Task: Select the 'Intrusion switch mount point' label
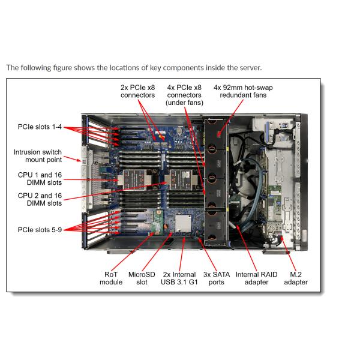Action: click(38, 156)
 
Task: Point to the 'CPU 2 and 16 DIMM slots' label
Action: click(38, 199)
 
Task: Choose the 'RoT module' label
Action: click(111, 278)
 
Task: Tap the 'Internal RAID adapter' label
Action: click(257, 278)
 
